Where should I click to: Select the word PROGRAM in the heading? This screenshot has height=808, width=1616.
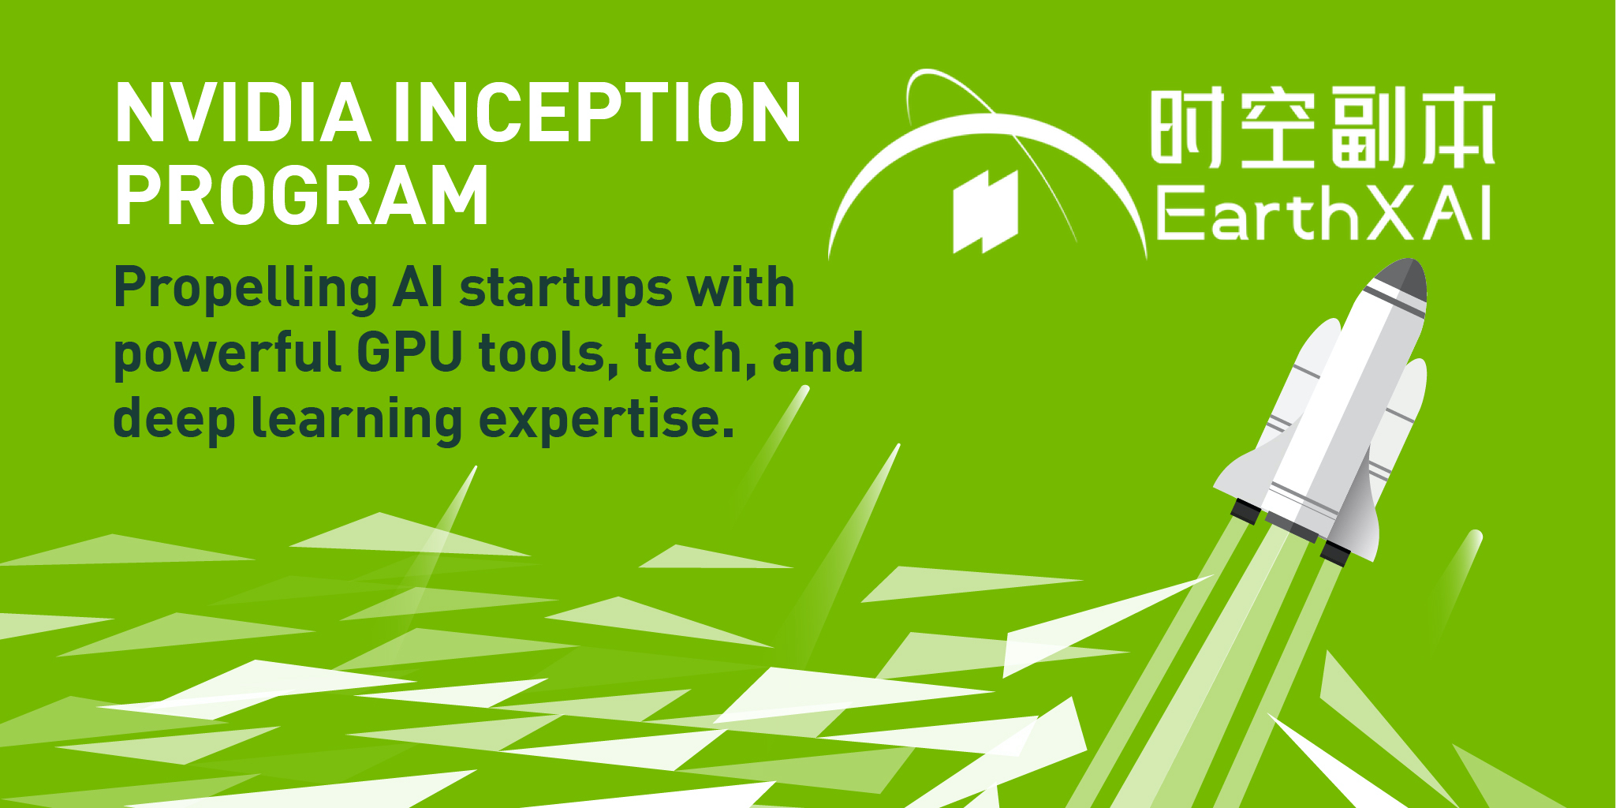point(302,196)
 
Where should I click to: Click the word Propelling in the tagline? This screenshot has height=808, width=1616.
point(245,289)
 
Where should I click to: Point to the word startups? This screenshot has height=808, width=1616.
point(566,289)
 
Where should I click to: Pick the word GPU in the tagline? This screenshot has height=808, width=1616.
point(409,353)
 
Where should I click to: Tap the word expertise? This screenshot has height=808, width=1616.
point(606,419)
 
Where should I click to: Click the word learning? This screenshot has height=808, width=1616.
point(356,419)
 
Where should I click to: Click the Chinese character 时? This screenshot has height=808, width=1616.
point(1187,128)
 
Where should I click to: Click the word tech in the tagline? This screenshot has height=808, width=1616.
point(688,353)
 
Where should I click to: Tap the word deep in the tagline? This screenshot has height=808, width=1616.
point(174,419)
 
